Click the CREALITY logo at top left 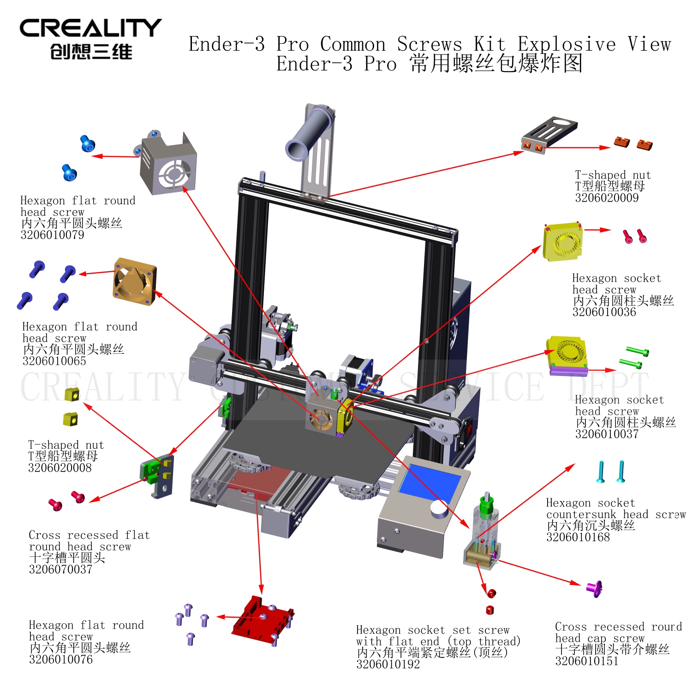[90, 39]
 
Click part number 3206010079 [53, 235]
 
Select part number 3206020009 [607, 198]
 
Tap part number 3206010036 [604, 312]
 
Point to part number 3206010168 [578, 537]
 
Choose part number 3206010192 [388, 664]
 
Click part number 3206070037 [61, 570]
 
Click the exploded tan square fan [135, 281]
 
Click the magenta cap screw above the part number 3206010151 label [594, 588]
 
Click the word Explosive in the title [567, 44]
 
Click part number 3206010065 [54, 361]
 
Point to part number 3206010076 [61, 660]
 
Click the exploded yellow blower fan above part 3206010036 [563, 242]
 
